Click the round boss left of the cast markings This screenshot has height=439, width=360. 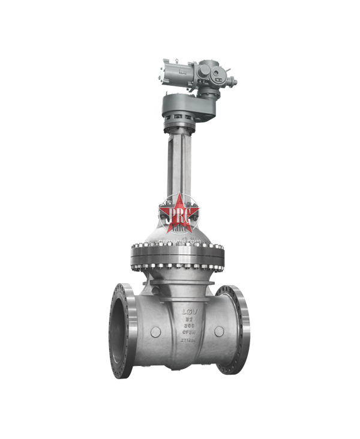(x=155, y=332)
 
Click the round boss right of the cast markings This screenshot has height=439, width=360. (x=219, y=331)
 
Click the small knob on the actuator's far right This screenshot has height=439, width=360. (x=233, y=82)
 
